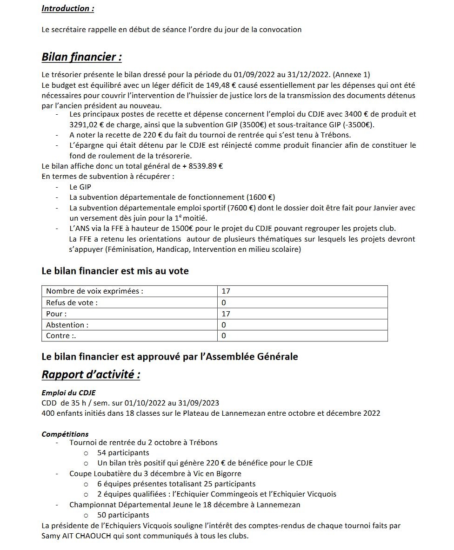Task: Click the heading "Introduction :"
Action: click(67, 8)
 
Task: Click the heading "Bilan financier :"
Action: click(82, 57)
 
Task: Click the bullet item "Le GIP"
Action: click(80, 187)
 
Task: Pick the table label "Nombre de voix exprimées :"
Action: click(94, 291)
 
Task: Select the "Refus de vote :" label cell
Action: click(72, 302)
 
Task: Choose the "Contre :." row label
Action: click(61, 336)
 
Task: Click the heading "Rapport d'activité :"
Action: click(91, 374)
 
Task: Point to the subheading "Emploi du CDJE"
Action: click(68, 393)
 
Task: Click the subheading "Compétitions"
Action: click(65, 434)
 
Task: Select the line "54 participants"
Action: click(123, 452)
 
